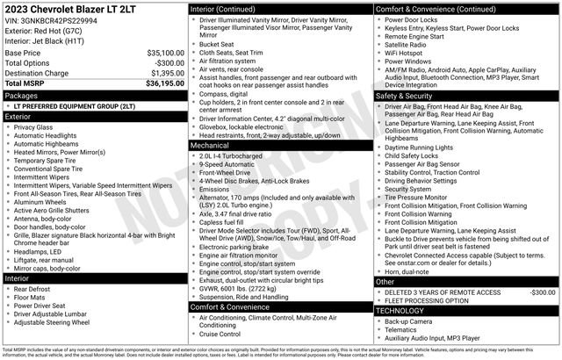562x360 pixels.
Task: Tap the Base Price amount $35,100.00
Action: point(165,53)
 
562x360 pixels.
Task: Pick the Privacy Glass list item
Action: point(34,127)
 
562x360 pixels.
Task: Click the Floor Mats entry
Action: point(32,299)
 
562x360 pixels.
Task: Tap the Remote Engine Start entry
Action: point(414,35)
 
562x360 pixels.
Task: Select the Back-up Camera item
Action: point(410,321)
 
